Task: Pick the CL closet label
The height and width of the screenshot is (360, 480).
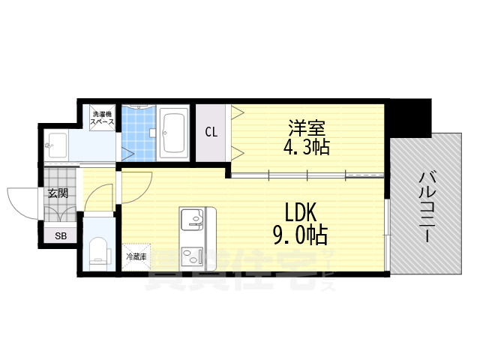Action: coord(211,133)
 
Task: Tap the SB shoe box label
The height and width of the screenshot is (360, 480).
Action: coord(60,235)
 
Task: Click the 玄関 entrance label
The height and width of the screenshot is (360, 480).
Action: coord(58,193)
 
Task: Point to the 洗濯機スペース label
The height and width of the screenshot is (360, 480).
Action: coord(102,117)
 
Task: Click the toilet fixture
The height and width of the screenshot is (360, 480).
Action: coord(97,251)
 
